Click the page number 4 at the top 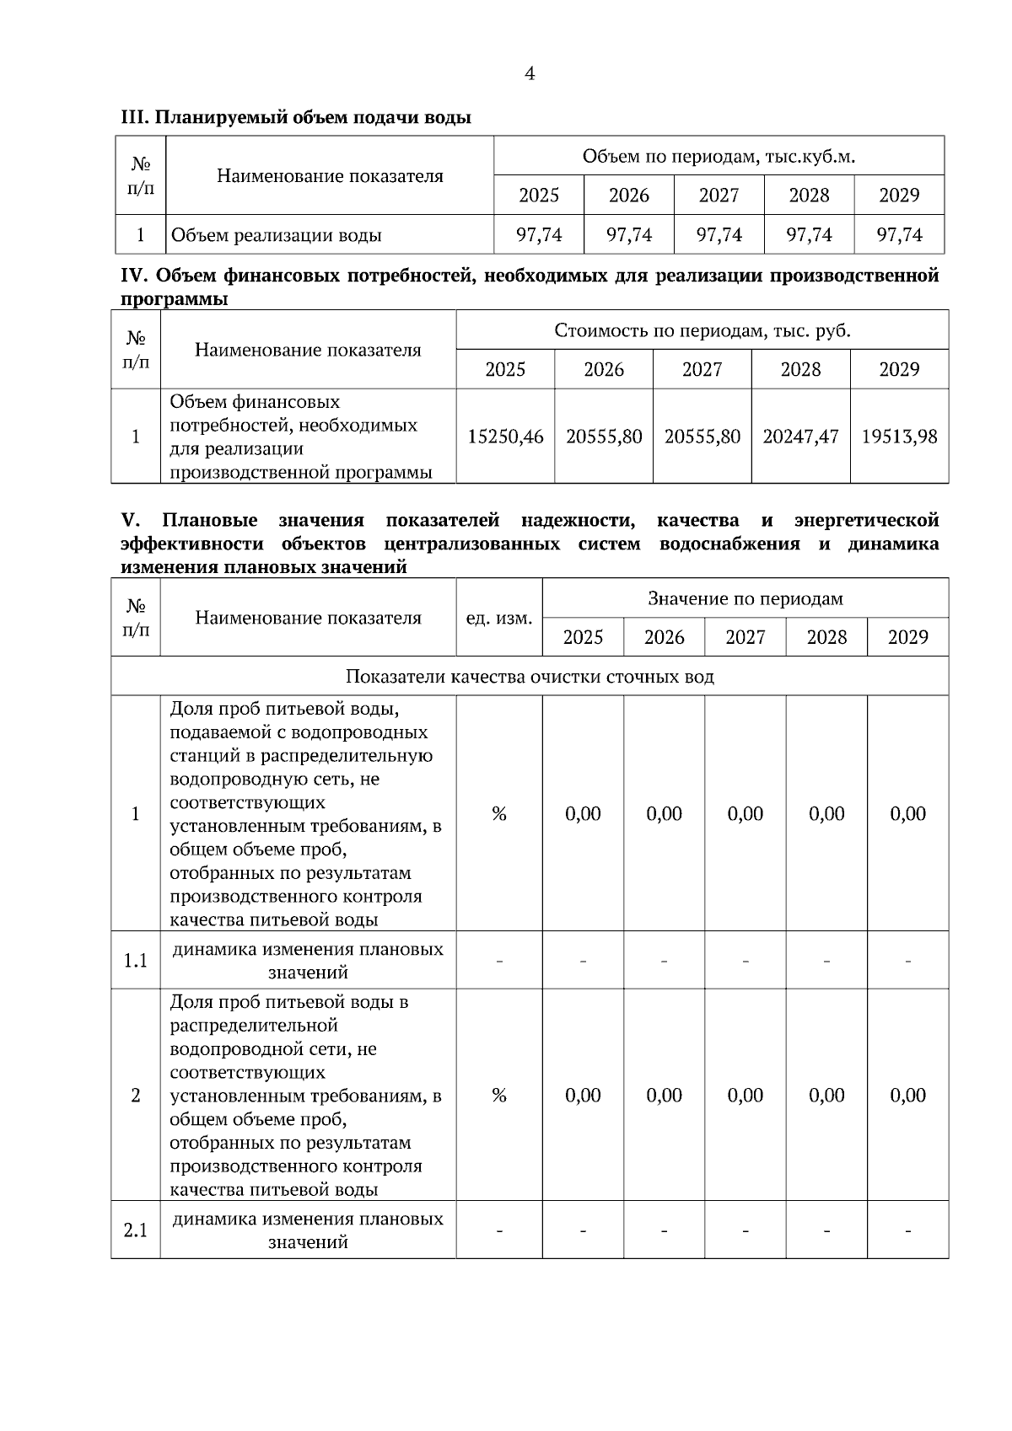click(530, 74)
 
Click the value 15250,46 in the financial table click(505, 437)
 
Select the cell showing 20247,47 click(800, 437)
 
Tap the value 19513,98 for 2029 click(899, 437)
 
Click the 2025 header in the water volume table click(539, 196)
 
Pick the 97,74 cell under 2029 click(899, 235)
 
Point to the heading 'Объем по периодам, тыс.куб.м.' click(719, 157)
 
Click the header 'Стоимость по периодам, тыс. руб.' click(702, 330)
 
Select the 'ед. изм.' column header click(498, 619)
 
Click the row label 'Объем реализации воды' click(276, 235)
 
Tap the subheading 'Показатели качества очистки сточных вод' click(530, 677)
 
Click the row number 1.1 click(136, 961)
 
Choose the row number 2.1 click(136, 1230)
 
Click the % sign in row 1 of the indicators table click(498, 814)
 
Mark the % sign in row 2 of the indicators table click(498, 1096)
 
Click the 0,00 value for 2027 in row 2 click(745, 1096)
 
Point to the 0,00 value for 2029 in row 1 click(907, 814)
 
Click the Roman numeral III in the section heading click(134, 118)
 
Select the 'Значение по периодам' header click(745, 599)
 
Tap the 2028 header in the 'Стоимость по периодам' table click(800, 369)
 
